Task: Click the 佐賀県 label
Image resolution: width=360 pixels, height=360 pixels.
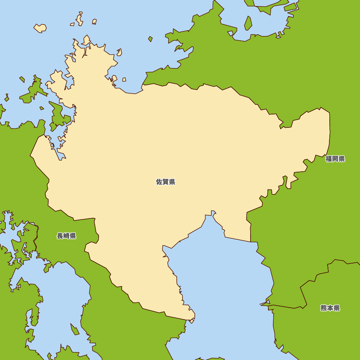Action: click(166, 182)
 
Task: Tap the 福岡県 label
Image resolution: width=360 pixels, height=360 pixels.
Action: click(335, 159)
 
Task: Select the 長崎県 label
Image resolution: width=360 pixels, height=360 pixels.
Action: click(67, 236)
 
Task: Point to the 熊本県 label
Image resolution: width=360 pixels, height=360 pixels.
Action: click(330, 308)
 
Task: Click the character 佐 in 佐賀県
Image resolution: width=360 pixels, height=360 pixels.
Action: click(159, 182)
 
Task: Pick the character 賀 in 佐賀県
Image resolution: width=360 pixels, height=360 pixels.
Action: click(166, 182)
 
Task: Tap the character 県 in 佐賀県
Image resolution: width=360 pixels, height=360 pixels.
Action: click(172, 182)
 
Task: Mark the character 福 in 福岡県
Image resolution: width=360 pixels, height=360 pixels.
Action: click(329, 159)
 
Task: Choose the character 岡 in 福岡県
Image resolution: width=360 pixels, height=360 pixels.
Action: click(335, 159)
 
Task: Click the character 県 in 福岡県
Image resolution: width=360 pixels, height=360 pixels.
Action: click(342, 159)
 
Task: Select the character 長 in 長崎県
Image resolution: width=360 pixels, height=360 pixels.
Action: click(60, 236)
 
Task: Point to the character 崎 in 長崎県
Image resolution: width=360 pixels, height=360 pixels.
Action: click(67, 236)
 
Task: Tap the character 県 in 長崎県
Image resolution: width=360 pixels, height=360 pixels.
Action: click(73, 236)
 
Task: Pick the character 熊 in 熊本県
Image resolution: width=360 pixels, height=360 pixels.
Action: click(324, 308)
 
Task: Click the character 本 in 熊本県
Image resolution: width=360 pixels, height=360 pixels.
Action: click(330, 308)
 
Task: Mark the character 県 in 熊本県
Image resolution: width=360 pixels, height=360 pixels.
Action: click(337, 308)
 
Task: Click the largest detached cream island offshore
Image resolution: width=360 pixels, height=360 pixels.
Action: click(40, 28)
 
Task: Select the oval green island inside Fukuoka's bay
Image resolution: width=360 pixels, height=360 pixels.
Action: click(248, 23)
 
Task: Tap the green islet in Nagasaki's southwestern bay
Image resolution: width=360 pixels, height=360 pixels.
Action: click(75, 329)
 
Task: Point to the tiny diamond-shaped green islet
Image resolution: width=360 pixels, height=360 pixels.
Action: click(150, 39)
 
